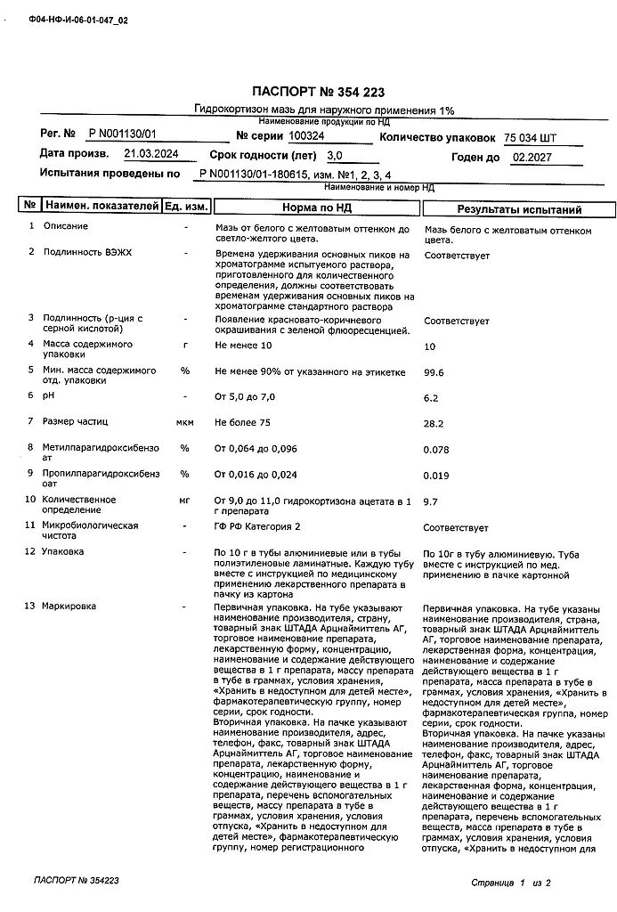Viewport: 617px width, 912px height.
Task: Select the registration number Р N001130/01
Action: (x=123, y=134)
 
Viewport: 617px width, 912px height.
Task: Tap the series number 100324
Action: (x=307, y=135)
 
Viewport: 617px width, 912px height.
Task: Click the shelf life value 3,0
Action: (x=335, y=155)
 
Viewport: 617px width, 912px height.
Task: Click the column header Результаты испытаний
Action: (x=519, y=210)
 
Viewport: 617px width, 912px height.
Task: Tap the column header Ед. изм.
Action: (x=186, y=207)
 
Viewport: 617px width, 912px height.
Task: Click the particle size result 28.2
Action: (x=434, y=425)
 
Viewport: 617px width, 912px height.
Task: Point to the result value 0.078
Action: (x=436, y=450)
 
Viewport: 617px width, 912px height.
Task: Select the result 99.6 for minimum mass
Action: (x=434, y=373)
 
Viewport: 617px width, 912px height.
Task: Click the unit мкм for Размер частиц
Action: (x=185, y=421)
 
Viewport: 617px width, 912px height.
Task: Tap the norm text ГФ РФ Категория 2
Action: (x=257, y=526)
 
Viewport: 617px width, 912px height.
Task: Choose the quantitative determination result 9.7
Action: (x=431, y=502)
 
